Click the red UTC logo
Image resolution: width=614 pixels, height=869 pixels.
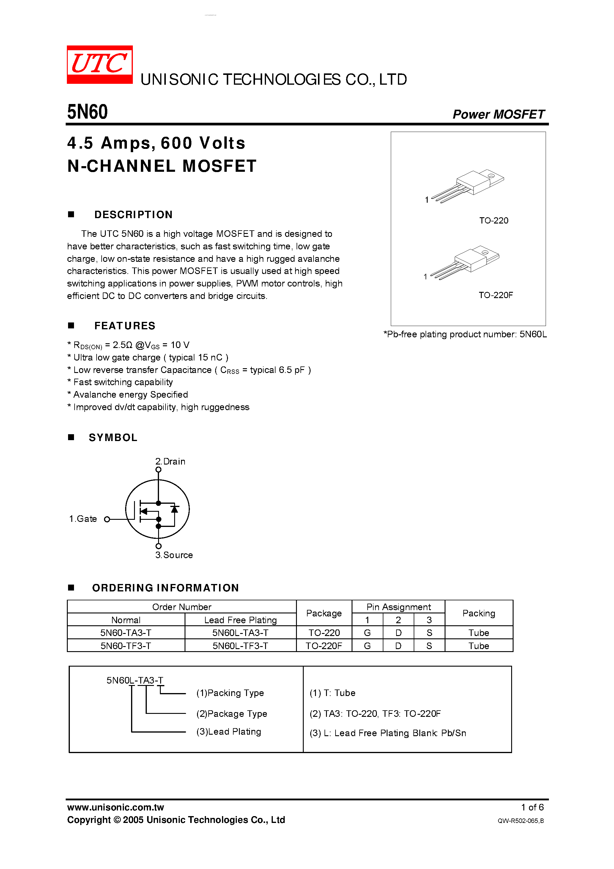[100, 64]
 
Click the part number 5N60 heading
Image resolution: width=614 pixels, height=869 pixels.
[87, 112]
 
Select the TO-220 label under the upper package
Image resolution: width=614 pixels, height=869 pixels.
[494, 220]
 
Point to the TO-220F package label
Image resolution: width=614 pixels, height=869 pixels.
[495, 295]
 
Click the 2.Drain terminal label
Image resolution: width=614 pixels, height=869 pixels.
[170, 461]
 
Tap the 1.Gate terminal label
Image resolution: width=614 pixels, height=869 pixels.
[83, 519]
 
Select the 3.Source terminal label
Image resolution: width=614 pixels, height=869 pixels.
[174, 555]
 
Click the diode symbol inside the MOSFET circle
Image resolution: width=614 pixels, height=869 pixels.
[174, 509]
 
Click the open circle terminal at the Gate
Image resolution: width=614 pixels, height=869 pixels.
[107, 519]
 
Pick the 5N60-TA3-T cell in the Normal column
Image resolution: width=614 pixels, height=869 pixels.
[126, 633]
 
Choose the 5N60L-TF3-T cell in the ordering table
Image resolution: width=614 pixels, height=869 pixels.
[240, 646]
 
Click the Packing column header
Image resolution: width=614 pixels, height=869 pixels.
[478, 613]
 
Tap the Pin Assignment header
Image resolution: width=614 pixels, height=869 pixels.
[398, 607]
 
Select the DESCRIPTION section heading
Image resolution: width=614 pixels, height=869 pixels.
[133, 215]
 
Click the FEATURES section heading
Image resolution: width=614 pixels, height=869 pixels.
[125, 325]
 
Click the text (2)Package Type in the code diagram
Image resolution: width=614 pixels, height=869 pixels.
[232, 714]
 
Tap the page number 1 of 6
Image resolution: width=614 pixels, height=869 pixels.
[532, 807]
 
